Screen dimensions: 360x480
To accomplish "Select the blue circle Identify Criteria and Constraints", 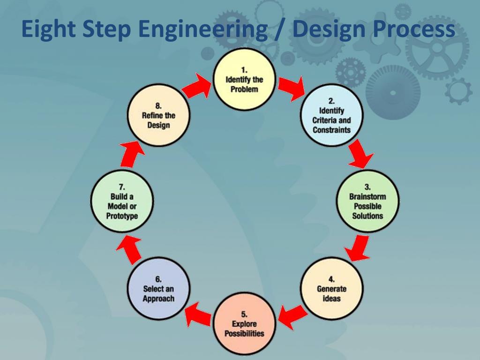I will point(331,115).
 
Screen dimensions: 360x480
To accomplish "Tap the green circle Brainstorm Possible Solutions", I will point(367,201).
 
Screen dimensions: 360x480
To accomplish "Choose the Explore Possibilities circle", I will point(244,323).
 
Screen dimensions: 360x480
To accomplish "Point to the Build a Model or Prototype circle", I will point(122,201).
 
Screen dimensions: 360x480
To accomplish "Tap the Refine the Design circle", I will point(158,115).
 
